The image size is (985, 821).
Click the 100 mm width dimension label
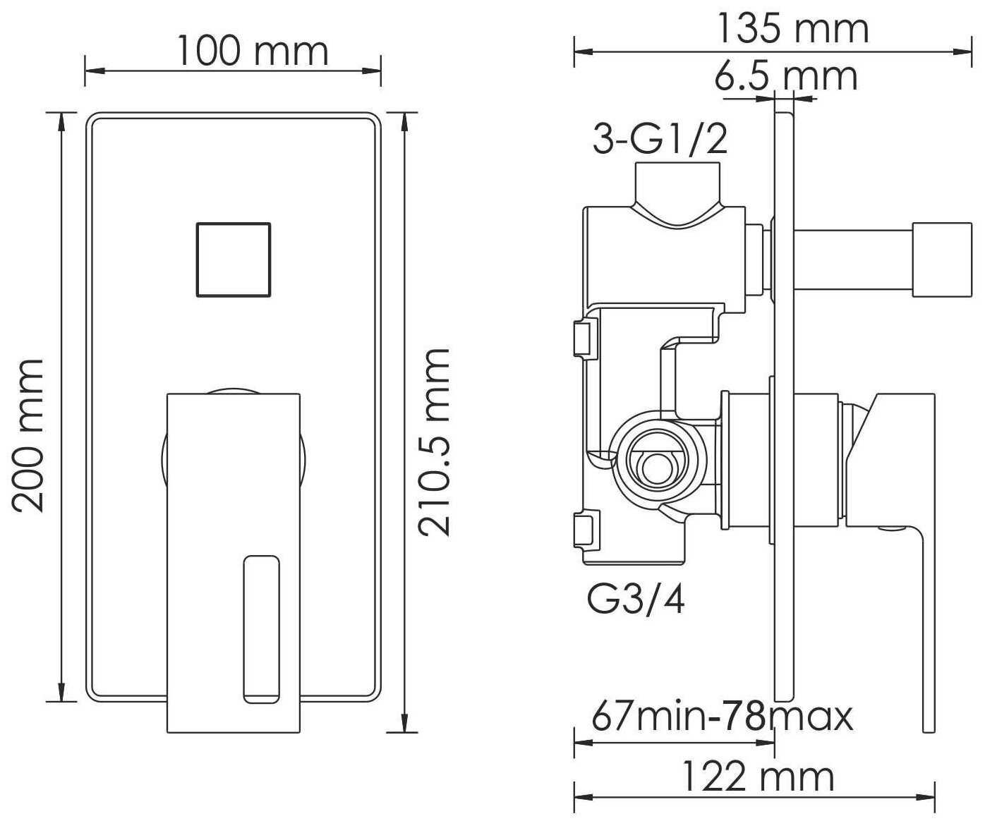(x=253, y=51)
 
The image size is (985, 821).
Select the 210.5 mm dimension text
(x=434, y=442)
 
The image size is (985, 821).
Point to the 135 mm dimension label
(x=792, y=29)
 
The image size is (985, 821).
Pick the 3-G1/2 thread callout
(x=660, y=139)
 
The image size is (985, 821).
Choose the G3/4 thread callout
(x=636, y=600)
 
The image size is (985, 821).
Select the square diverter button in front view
(x=233, y=260)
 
